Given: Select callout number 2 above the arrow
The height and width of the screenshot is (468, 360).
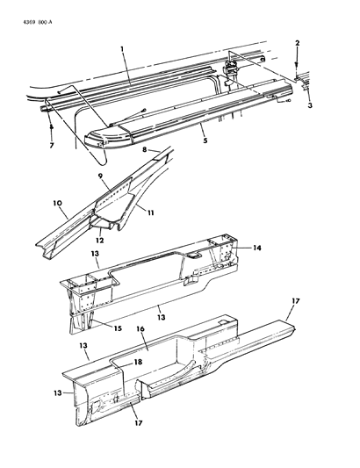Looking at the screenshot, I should pyautogui.click(x=297, y=43).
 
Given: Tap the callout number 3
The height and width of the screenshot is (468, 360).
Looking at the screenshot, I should pyautogui.click(x=308, y=105).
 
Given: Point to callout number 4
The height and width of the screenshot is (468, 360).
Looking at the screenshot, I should pyautogui.click(x=51, y=126).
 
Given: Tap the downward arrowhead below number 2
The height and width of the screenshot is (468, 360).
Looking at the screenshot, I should pyautogui.click(x=297, y=70).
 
